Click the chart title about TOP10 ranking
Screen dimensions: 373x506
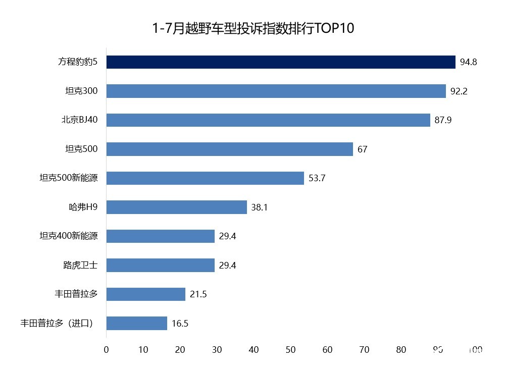pos(254,28)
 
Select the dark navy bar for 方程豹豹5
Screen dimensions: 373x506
pos(281,62)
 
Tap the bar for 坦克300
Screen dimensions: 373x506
pos(276,91)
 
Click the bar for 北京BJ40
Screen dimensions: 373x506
pos(268,120)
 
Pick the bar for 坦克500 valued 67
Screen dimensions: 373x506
pos(229,149)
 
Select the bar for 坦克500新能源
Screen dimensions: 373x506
pos(205,178)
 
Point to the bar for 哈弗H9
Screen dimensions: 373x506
pos(176,207)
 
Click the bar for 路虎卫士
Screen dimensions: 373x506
pos(160,265)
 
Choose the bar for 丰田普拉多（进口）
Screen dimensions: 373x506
pos(136,323)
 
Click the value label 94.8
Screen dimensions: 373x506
pos(468,63)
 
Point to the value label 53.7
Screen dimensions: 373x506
pos(317,179)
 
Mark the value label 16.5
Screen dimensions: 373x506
pos(180,324)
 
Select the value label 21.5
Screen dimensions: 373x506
pos(198,294)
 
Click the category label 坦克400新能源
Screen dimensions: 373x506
pos(69,236)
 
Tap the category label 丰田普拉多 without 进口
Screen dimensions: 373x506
pos(76,294)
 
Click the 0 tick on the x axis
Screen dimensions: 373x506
pos(106,349)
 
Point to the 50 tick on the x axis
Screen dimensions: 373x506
pos(290,349)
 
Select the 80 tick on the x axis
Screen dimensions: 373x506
pos(401,349)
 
